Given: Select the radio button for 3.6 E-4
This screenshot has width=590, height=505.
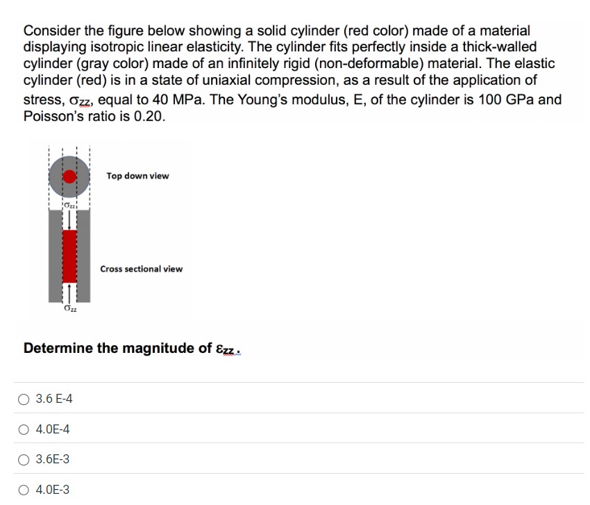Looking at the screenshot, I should [25, 399].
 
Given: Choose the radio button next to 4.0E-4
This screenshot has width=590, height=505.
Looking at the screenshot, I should [25, 430].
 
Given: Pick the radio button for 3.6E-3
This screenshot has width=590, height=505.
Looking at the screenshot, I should [25, 460].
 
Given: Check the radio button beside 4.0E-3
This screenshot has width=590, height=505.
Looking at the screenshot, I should [25, 490].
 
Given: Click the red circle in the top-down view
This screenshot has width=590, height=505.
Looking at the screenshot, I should [69, 176].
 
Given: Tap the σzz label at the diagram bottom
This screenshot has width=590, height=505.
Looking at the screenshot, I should [69, 309].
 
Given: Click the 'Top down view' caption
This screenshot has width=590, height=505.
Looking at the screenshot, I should [137, 176].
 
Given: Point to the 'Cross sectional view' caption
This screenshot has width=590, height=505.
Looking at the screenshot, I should [142, 269].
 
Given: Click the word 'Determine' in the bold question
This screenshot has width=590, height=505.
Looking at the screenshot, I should [58, 348].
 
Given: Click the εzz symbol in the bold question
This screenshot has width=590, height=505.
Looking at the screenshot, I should [227, 349].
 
